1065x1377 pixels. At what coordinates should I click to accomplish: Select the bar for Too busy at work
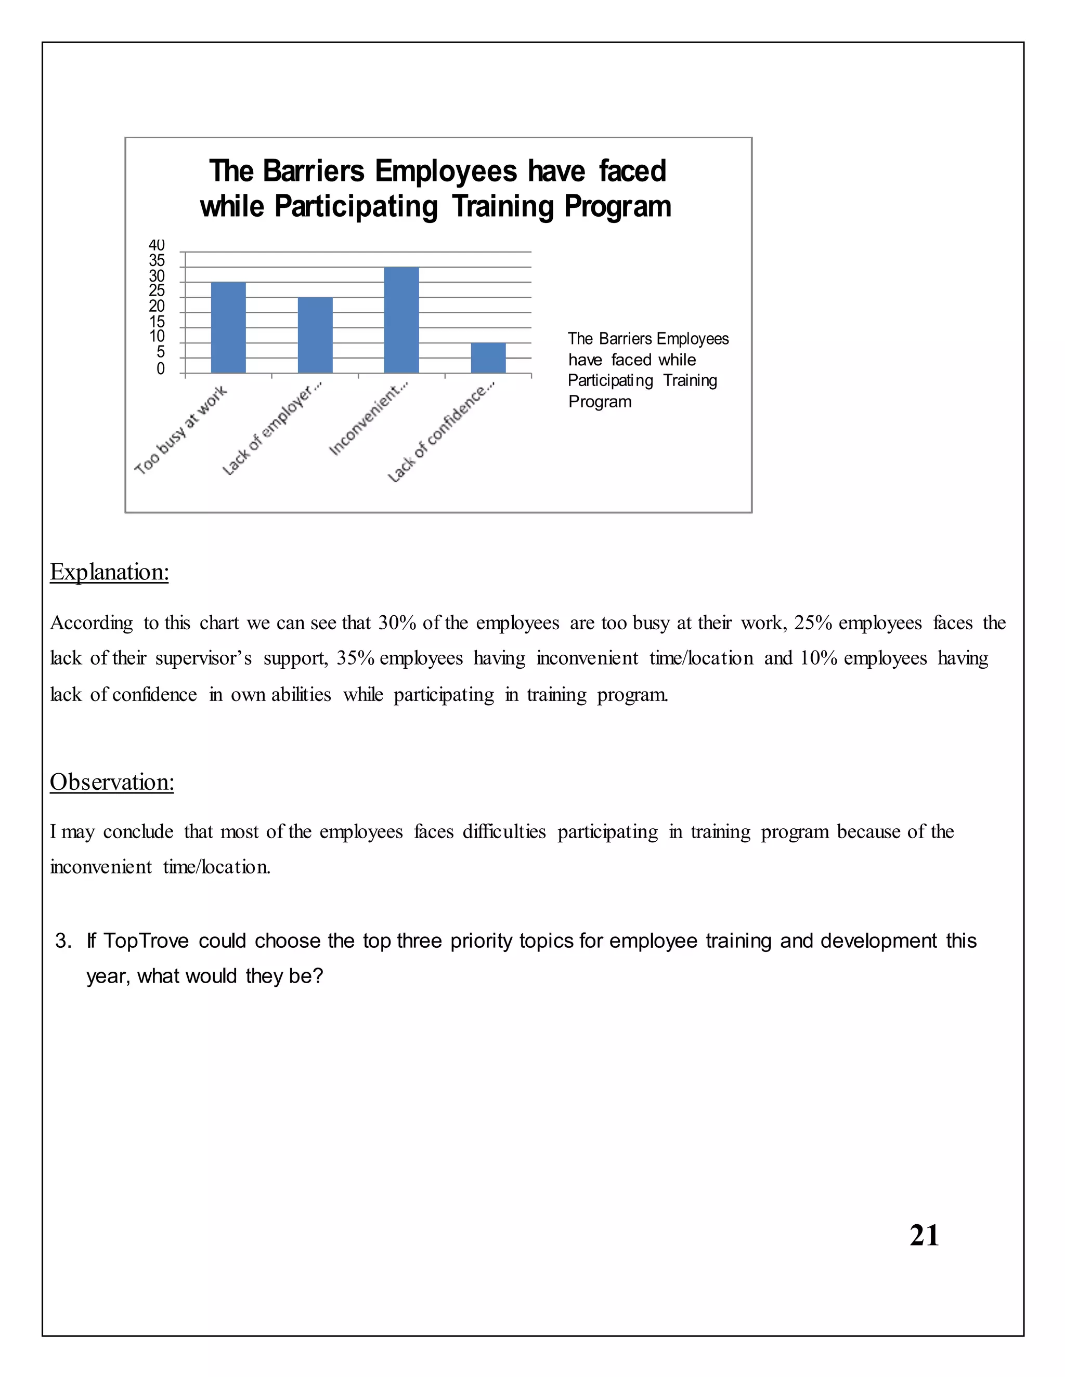(x=228, y=327)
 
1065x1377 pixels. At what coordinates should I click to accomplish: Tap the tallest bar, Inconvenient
(x=401, y=320)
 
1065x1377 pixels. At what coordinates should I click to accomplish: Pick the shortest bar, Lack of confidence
(x=488, y=358)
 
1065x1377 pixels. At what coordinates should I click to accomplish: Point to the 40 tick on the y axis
(x=157, y=245)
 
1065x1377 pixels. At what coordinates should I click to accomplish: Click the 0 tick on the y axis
(x=160, y=369)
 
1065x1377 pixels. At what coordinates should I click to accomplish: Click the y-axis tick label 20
(x=157, y=307)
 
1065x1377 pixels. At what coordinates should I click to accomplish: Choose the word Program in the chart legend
(x=600, y=402)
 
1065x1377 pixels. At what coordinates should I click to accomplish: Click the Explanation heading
(x=109, y=572)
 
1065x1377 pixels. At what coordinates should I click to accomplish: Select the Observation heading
(x=112, y=782)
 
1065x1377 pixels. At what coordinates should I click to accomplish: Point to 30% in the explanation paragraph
(x=397, y=623)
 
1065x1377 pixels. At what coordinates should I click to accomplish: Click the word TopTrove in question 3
(x=146, y=941)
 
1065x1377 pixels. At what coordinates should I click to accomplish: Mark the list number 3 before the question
(x=62, y=941)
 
